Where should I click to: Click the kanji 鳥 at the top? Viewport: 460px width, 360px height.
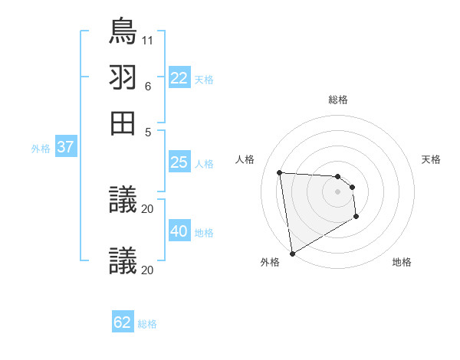click(x=123, y=31)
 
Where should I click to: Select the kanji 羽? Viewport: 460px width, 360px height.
click(x=123, y=77)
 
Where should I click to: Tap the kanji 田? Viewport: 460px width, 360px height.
click(x=123, y=123)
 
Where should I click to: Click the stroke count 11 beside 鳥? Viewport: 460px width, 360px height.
click(x=148, y=38)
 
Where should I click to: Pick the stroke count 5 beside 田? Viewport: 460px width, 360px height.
click(x=149, y=131)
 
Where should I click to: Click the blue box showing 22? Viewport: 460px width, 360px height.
click(x=179, y=78)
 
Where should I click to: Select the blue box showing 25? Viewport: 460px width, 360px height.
click(x=179, y=162)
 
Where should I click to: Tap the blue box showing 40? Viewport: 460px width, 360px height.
click(x=179, y=231)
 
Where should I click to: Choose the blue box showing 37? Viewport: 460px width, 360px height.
click(x=65, y=148)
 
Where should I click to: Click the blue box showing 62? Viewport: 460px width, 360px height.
click(x=123, y=322)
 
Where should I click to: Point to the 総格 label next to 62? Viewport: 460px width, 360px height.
click(x=147, y=324)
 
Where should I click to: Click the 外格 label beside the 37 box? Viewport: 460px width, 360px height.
click(x=41, y=149)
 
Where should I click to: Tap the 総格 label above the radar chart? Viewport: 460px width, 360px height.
click(x=338, y=100)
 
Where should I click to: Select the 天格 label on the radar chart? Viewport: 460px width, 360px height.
click(x=431, y=159)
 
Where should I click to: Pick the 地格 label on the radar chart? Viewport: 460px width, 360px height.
click(x=402, y=262)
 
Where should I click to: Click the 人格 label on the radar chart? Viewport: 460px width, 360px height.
click(x=245, y=159)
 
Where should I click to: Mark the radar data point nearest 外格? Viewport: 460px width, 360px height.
click(x=291, y=254)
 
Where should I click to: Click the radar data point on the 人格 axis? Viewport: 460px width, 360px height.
click(x=280, y=172)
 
